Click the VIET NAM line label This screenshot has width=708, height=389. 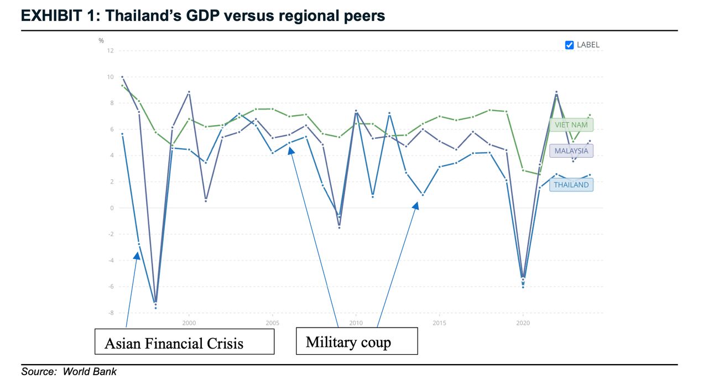point(571,125)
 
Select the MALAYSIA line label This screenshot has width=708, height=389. point(571,151)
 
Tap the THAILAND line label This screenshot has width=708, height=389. point(571,185)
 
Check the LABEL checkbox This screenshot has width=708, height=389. point(569,45)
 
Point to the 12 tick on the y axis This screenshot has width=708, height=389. point(110,51)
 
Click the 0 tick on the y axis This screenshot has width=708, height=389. point(112,208)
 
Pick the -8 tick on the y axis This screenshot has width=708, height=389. point(110,313)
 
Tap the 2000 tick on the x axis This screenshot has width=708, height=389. point(189,323)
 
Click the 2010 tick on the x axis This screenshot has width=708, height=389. point(356,323)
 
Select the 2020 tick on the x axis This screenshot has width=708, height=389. point(523,323)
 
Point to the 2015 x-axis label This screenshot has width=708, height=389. point(439,323)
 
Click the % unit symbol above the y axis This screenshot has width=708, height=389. point(101,40)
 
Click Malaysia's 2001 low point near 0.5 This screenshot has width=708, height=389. point(206,200)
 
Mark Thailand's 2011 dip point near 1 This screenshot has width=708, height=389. point(373,196)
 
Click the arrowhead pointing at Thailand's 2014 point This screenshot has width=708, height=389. point(416,205)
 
